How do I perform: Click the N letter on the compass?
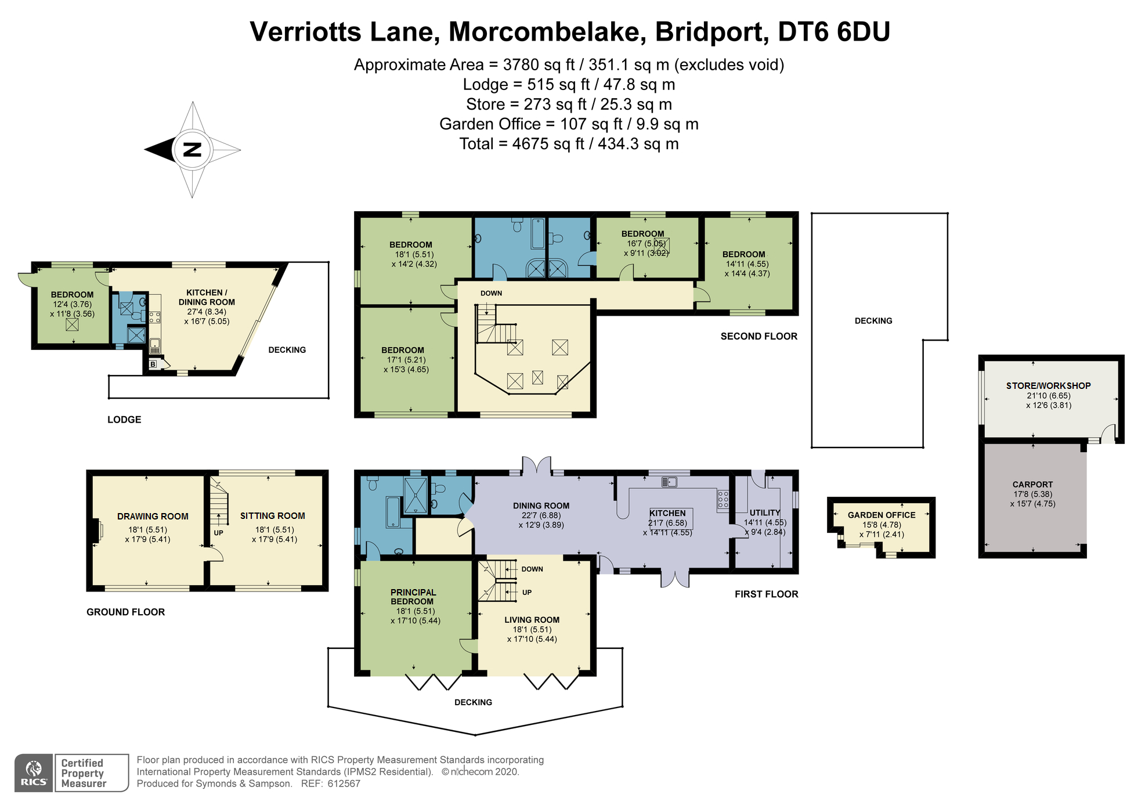pyautogui.click(x=192, y=149)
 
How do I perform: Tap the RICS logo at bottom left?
pyautogui.click(x=34, y=773)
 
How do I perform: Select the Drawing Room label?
pyautogui.click(x=153, y=516)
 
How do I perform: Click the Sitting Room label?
pyautogui.click(x=272, y=515)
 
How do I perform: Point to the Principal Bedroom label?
pyautogui.click(x=413, y=597)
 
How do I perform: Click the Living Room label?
pyautogui.click(x=532, y=620)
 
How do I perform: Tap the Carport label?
pyautogui.click(x=1032, y=484)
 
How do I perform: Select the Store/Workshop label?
pyautogui.click(x=1048, y=385)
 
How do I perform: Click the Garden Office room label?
pyautogui.click(x=881, y=515)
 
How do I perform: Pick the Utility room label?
pyautogui.click(x=764, y=513)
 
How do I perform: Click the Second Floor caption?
pyautogui.click(x=758, y=336)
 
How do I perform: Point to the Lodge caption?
pyautogui.click(x=124, y=419)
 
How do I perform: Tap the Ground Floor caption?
pyautogui.click(x=125, y=612)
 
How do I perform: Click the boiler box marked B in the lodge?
pyautogui.click(x=153, y=364)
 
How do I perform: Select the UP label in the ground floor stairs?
pyautogui.click(x=218, y=532)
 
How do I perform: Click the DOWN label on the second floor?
pyautogui.click(x=491, y=293)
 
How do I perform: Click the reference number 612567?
pyautogui.click(x=344, y=784)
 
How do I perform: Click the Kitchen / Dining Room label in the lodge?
pyautogui.click(x=207, y=297)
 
